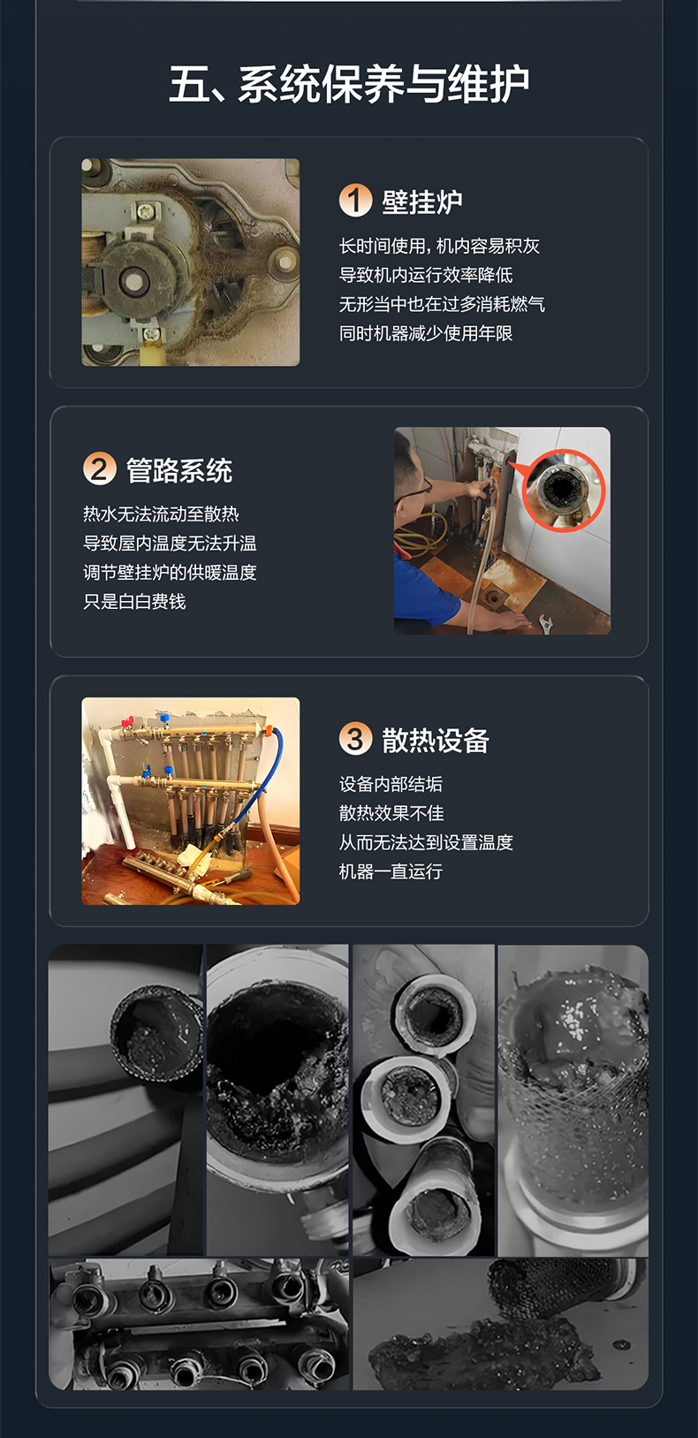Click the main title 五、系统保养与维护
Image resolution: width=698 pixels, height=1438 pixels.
click(x=349, y=84)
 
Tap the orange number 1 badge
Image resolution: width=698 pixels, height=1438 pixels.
click(x=355, y=201)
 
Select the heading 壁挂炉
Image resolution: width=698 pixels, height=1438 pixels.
click(x=422, y=202)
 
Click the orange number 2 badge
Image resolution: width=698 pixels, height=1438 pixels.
click(x=100, y=468)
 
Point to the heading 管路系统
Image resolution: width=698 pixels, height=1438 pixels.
click(x=179, y=470)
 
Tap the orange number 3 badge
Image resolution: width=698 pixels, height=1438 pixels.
click(x=355, y=738)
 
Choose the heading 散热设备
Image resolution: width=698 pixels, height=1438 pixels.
click(x=436, y=740)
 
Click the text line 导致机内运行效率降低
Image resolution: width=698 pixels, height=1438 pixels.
click(x=426, y=275)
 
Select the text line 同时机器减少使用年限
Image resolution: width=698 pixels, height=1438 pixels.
click(x=426, y=333)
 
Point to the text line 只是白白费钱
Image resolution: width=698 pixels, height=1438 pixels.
click(x=134, y=602)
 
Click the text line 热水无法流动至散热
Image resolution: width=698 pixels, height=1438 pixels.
click(x=161, y=514)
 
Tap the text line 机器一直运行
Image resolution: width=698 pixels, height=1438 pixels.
click(x=391, y=871)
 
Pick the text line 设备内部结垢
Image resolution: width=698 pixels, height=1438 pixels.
click(x=391, y=784)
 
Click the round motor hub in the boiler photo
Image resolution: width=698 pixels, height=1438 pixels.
click(x=133, y=280)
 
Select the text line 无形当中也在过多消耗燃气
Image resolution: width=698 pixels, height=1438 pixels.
click(x=442, y=304)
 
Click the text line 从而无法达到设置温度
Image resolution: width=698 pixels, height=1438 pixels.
click(x=426, y=842)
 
